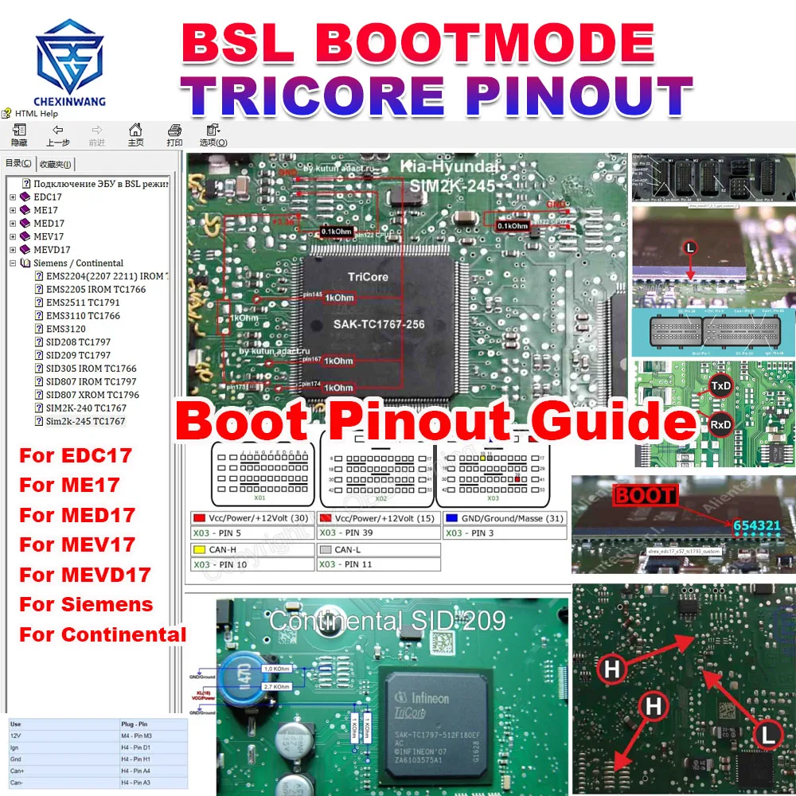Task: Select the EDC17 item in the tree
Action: (47, 197)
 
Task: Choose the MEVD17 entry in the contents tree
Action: (52, 250)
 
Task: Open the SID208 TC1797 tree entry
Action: (78, 342)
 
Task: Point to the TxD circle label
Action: (721, 385)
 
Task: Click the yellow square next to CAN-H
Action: (199, 550)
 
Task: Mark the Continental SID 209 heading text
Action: (387, 620)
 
